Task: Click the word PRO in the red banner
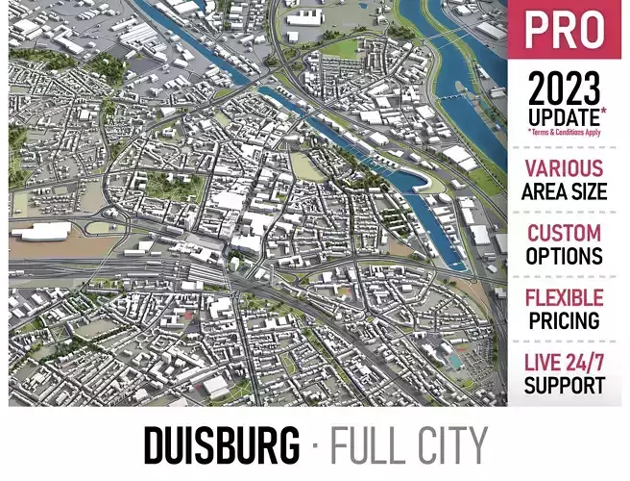point(565,31)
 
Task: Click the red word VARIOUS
point(564,169)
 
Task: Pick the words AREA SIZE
point(564,191)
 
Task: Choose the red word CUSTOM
point(564,233)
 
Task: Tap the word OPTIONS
point(564,257)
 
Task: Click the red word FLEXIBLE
point(564,297)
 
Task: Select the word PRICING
point(564,320)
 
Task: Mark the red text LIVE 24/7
point(564,363)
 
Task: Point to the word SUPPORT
point(564,386)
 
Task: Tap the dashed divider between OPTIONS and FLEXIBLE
point(564,277)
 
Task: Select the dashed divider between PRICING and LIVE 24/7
point(564,342)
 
